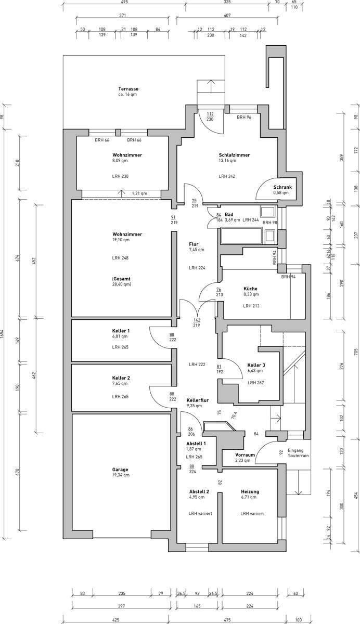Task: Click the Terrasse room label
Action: click(128, 89)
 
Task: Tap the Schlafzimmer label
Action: click(234, 155)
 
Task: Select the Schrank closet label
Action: click(282, 187)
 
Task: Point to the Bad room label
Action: click(228, 214)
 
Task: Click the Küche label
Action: click(250, 289)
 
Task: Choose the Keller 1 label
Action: click(121, 331)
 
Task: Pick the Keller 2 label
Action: click(121, 378)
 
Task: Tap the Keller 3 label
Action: click(256, 365)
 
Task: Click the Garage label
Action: click(120, 469)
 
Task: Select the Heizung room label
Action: click(250, 491)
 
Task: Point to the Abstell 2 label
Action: click(199, 491)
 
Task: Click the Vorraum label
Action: click(245, 454)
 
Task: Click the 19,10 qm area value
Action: click(120, 240)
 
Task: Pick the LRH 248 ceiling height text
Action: click(120, 258)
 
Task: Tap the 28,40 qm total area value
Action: click(121, 284)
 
